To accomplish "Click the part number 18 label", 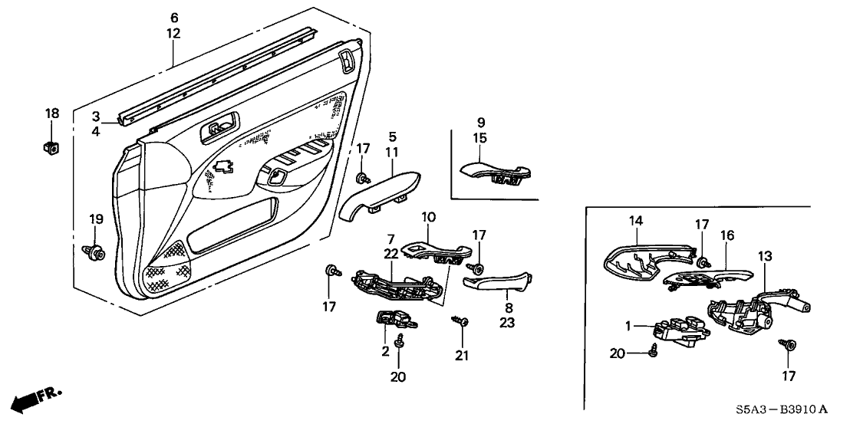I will [52, 113].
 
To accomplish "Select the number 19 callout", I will [95, 219].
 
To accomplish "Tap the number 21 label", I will [461, 355].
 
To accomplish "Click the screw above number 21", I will [460, 323].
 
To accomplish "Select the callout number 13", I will [765, 255].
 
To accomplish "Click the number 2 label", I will [384, 351].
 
